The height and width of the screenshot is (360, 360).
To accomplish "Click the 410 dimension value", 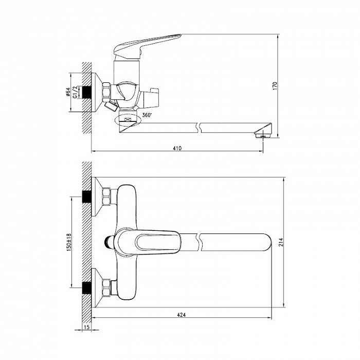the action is tap(177, 148).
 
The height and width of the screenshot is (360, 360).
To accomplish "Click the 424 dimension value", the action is tap(182, 315).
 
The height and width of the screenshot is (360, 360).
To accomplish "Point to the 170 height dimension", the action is tap(275, 86).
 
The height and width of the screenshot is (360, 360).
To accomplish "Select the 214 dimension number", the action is tap(281, 242).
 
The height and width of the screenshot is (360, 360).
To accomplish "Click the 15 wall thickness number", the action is tap(87, 327).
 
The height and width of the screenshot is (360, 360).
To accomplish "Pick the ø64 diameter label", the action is tap(68, 92).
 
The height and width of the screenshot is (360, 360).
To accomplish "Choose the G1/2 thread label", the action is tap(75, 92).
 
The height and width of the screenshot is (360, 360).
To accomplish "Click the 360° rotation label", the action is tap(147, 115).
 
